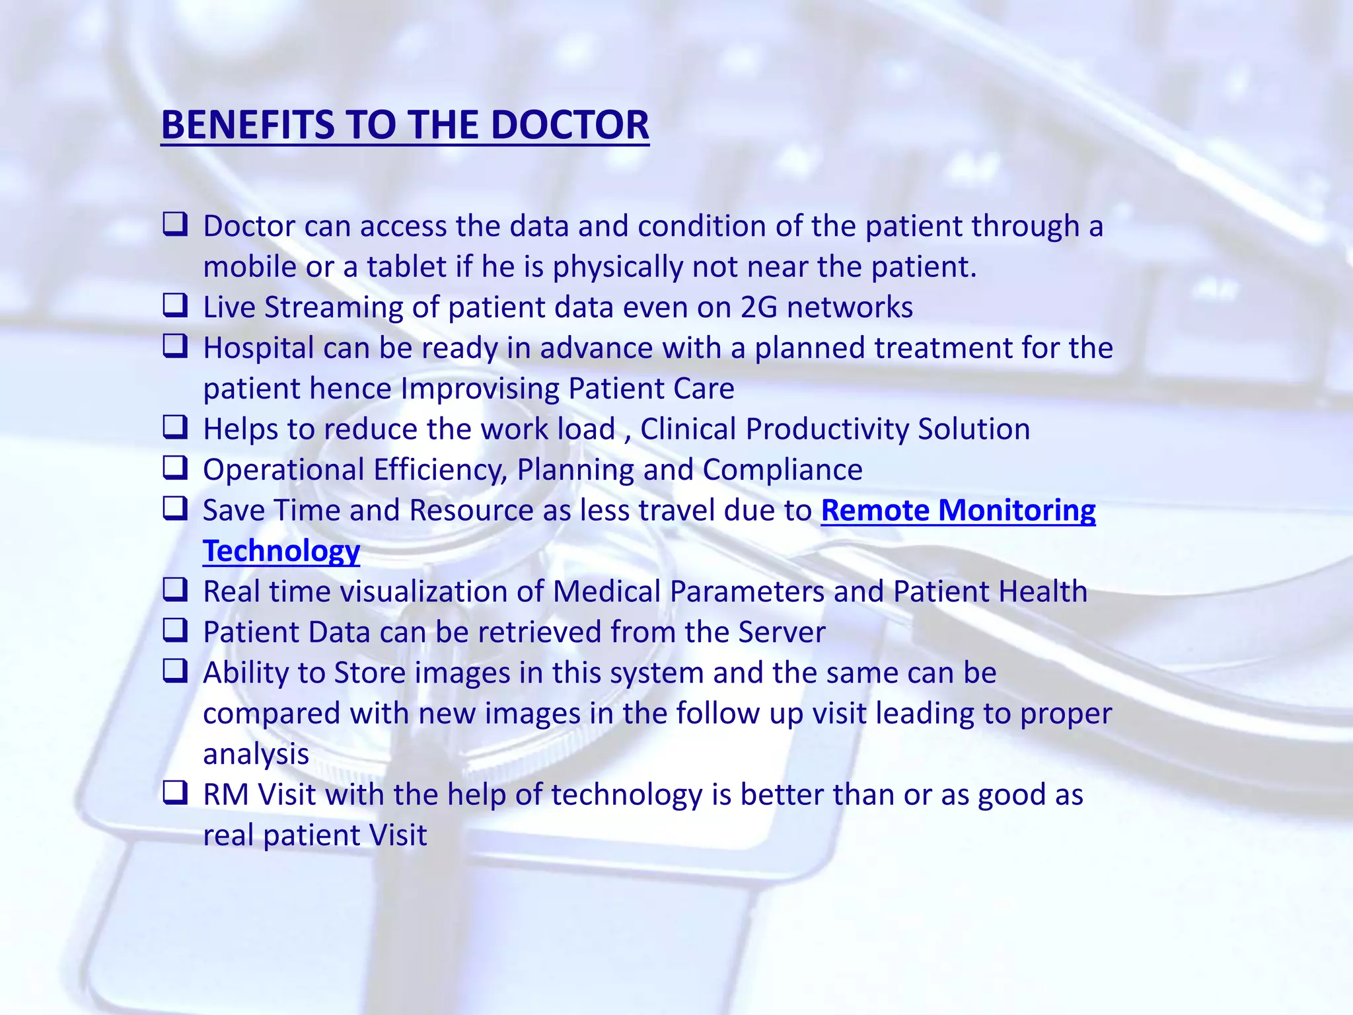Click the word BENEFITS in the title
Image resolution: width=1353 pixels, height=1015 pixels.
coord(248,125)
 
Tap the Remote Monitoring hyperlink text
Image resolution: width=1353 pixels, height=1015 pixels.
coord(958,510)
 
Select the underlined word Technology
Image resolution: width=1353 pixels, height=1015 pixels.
coord(281,551)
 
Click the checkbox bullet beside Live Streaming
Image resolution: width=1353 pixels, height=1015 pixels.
coord(175,305)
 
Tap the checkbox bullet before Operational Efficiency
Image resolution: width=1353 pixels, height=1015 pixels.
coord(175,468)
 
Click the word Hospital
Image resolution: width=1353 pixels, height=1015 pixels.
coord(258,348)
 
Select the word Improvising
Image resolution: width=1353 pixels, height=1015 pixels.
coord(480,389)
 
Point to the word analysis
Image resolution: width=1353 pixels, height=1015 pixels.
coord(256,755)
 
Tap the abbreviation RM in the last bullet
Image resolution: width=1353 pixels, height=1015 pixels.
coord(226,795)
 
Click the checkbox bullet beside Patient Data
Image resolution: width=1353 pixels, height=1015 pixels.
coord(175,630)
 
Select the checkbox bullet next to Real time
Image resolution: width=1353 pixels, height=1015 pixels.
coord(175,589)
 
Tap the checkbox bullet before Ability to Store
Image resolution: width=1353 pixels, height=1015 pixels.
coord(175,671)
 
